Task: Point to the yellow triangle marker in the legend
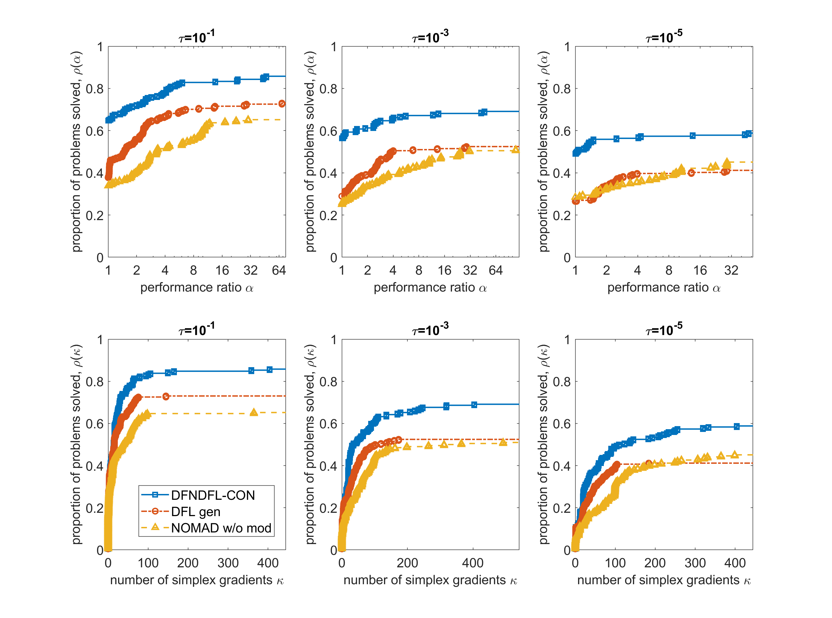[x=155, y=527]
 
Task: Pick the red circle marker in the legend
[x=155, y=511]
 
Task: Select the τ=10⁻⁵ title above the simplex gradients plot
[x=664, y=329]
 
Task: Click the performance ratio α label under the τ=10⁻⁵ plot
[x=664, y=287]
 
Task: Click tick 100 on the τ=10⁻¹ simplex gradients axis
[x=148, y=563]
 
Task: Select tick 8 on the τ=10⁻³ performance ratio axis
[x=419, y=270]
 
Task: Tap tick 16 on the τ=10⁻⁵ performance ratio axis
[x=700, y=270]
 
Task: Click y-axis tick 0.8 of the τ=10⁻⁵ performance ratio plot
[x=561, y=89]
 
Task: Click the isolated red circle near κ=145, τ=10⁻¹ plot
[x=166, y=396]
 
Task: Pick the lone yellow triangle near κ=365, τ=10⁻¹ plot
[x=254, y=412]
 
